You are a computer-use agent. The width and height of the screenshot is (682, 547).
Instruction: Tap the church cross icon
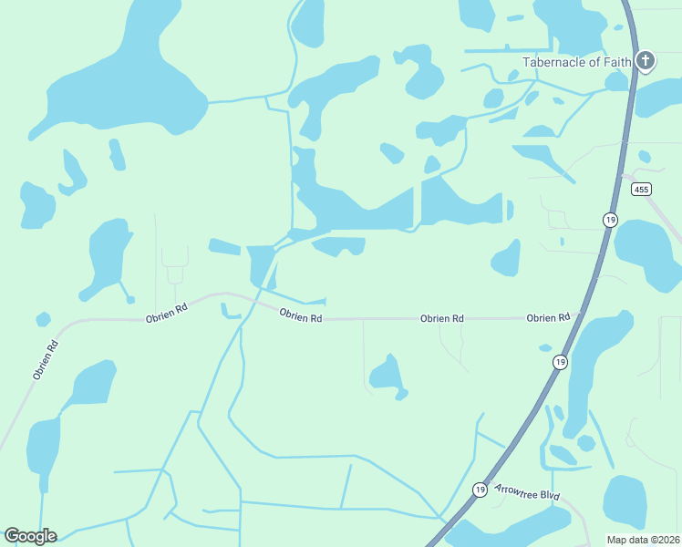[646, 61]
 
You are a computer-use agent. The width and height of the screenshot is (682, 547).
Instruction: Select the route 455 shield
[641, 189]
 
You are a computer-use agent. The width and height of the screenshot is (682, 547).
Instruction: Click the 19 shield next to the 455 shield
[610, 220]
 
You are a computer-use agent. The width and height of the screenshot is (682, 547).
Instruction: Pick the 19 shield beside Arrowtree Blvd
[480, 490]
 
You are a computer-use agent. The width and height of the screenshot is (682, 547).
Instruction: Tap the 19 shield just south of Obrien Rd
[560, 362]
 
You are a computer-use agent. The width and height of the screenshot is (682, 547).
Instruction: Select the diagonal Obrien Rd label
[45, 359]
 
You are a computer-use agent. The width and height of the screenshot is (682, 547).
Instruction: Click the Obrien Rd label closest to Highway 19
[548, 317]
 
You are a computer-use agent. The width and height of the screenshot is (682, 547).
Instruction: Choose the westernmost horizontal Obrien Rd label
[167, 313]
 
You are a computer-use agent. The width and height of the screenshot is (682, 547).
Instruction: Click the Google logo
[30, 536]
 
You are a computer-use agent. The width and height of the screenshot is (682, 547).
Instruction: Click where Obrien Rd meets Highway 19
[577, 317]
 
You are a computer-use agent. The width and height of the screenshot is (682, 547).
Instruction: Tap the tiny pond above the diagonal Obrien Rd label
[43, 319]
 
